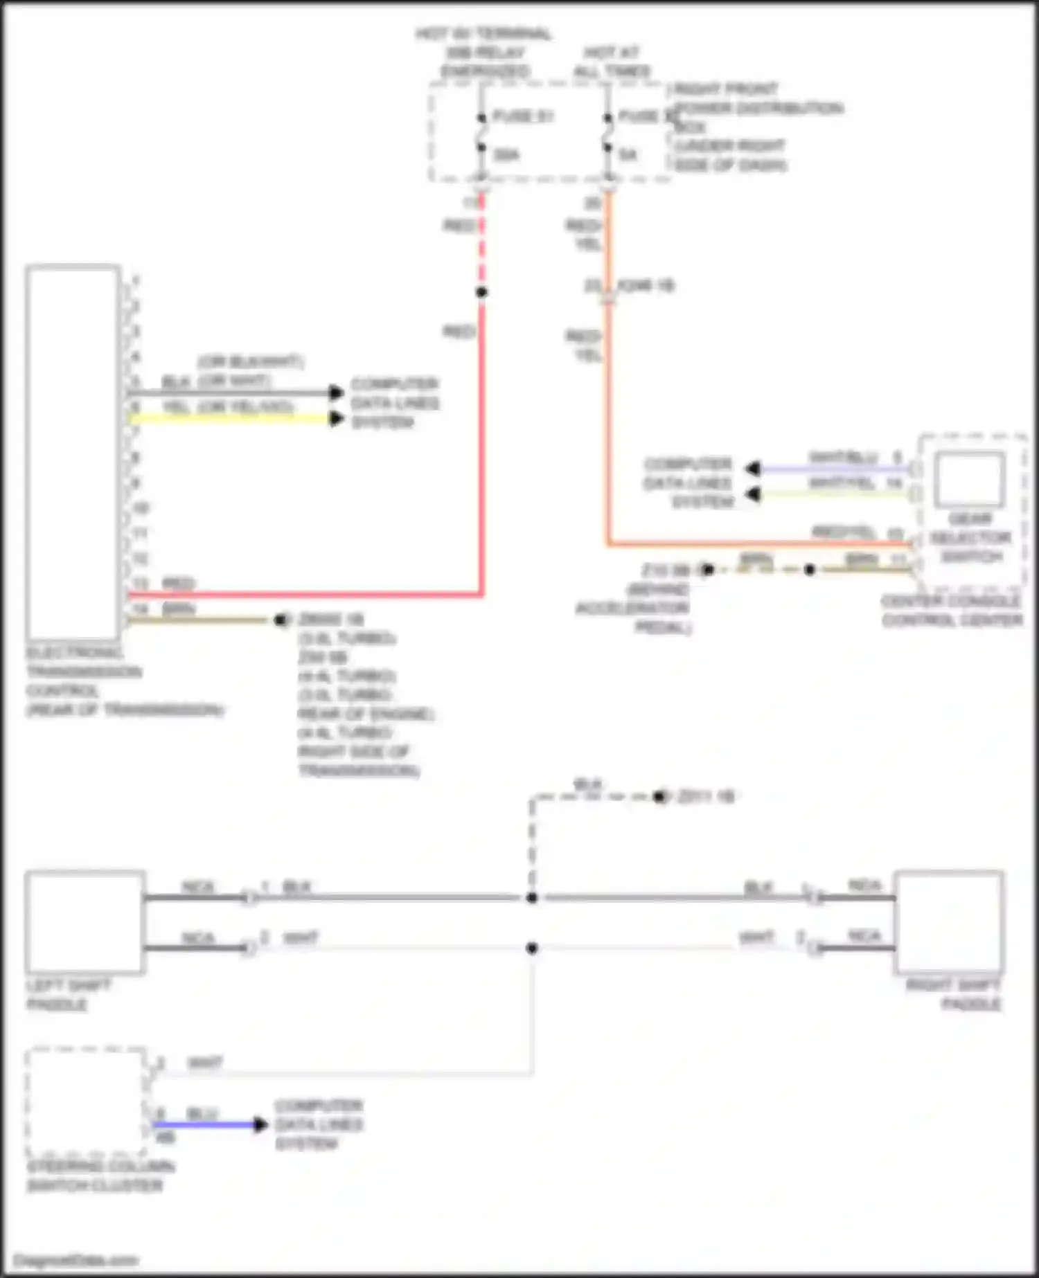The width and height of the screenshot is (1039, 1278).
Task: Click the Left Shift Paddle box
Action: click(x=85, y=922)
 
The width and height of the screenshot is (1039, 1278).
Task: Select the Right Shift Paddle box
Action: click(x=949, y=922)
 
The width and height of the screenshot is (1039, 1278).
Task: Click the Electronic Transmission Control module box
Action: click(x=73, y=453)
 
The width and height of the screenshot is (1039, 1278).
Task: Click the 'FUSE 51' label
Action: click(x=522, y=116)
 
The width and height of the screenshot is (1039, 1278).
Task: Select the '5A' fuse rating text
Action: click(x=627, y=155)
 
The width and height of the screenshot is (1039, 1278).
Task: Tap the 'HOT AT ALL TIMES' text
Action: click(x=612, y=62)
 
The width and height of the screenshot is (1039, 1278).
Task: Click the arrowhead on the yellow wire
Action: click(x=337, y=418)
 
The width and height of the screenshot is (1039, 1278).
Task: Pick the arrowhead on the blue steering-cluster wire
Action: click(x=260, y=1124)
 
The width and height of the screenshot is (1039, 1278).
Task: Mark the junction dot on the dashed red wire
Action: click(x=481, y=292)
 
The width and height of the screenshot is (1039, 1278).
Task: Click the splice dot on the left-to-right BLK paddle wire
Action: click(x=532, y=898)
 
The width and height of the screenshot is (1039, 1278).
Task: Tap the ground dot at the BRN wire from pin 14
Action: click(x=281, y=620)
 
